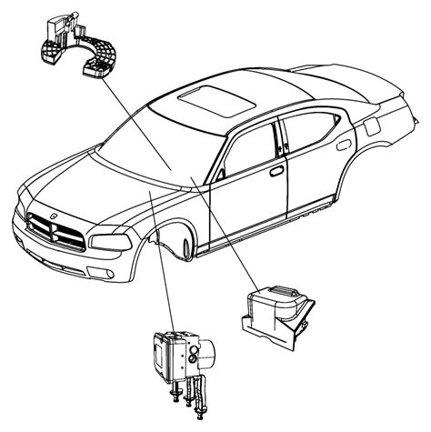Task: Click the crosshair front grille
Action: (57, 229)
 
